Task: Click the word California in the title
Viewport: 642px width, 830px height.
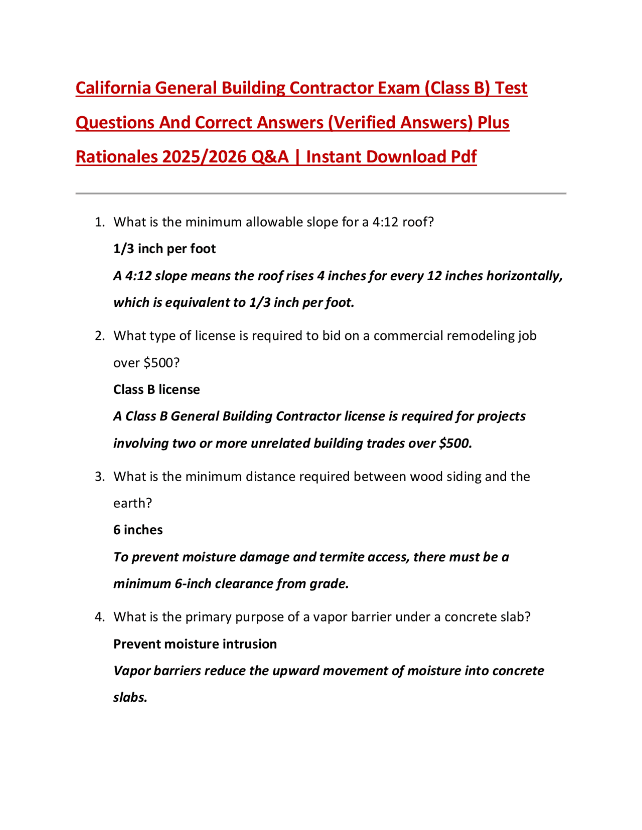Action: coord(113,88)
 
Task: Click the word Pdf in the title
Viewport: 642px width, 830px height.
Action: coord(463,157)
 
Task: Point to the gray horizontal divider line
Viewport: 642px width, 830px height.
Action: coord(320,193)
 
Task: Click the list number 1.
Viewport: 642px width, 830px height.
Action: coord(99,222)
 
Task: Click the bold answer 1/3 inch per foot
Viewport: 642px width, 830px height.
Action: coord(165,249)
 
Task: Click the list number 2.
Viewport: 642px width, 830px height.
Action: coord(99,336)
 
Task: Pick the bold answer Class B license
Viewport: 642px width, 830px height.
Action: coord(156,390)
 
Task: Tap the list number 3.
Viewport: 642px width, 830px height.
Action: coord(99,477)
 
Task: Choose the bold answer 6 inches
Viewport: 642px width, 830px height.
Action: coord(138,530)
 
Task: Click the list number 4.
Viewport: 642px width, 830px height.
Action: coord(99,617)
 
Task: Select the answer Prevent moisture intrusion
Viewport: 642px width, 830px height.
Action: coord(195,644)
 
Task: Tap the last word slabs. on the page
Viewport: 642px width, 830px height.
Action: coord(130,698)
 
